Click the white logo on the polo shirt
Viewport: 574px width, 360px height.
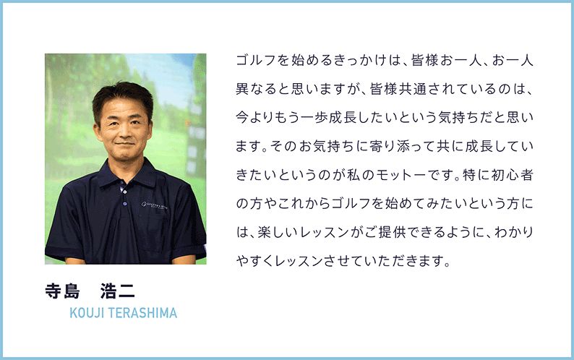(x=155, y=205)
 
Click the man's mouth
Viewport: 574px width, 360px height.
(x=124, y=144)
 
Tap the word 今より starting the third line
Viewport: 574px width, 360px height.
(x=257, y=116)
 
